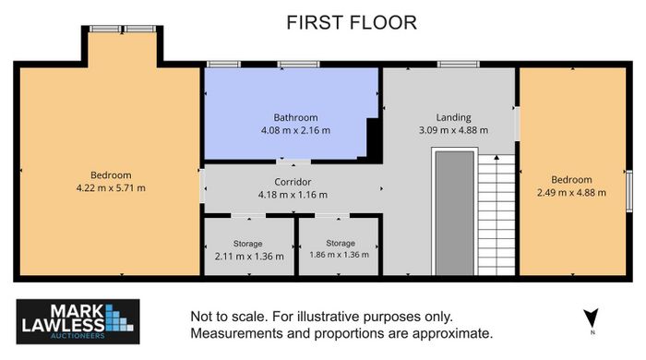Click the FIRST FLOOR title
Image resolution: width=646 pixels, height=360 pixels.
[x=352, y=23]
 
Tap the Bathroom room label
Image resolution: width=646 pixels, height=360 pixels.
[x=295, y=117]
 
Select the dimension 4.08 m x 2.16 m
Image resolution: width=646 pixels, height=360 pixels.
[x=295, y=130]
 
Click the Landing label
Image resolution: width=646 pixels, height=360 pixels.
[x=453, y=117]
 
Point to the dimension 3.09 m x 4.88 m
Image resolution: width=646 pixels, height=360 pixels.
[x=453, y=130]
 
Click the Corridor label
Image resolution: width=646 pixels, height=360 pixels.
[x=293, y=182]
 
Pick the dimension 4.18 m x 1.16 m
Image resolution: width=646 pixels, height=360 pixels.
[x=293, y=195]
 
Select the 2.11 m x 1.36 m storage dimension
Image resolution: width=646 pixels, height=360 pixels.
[x=249, y=257]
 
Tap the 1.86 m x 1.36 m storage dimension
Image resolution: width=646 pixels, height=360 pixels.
[x=339, y=255]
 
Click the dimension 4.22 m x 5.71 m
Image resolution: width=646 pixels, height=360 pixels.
[x=111, y=188]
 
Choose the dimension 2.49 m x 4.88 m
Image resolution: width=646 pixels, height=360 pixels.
[x=571, y=192]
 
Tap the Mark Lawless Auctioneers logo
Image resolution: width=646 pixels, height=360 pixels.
[x=78, y=322]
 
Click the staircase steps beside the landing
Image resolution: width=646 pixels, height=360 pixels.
[x=496, y=214]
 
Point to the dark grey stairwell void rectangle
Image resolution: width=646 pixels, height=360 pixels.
[x=455, y=213]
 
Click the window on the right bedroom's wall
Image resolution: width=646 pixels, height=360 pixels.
[x=629, y=191]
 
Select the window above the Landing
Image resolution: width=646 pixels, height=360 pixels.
[x=458, y=65]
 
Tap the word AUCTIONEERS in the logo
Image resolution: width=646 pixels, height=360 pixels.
[x=78, y=336]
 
